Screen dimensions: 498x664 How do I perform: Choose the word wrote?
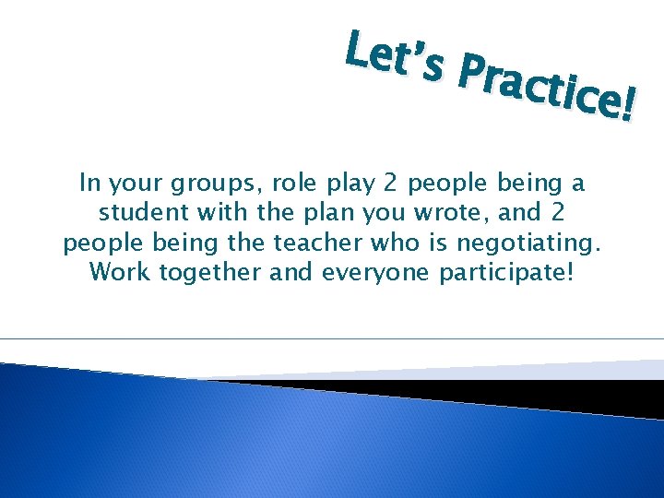point(443,213)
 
